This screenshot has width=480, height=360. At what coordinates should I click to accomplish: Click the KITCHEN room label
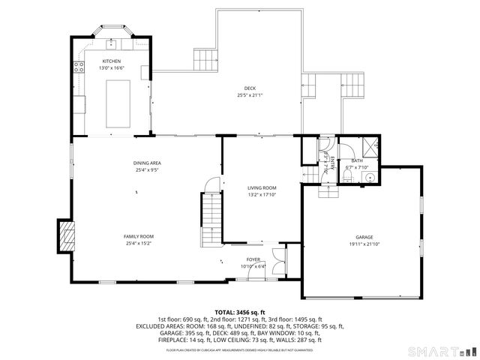(x=112, y=61)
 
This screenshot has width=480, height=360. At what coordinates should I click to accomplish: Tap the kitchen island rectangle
(x=118, y=102)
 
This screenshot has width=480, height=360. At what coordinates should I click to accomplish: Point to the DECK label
(x=250, y=88)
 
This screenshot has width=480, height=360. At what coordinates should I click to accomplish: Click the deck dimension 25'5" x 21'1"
(x=250, y=95)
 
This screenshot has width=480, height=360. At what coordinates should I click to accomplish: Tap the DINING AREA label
(x=147, y=163)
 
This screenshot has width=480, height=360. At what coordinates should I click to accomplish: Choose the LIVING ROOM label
(x=262, y=187)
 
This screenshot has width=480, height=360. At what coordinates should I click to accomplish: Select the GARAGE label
(x=363, y=238)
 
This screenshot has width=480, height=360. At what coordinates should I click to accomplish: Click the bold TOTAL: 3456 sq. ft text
(x=240, y=312)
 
